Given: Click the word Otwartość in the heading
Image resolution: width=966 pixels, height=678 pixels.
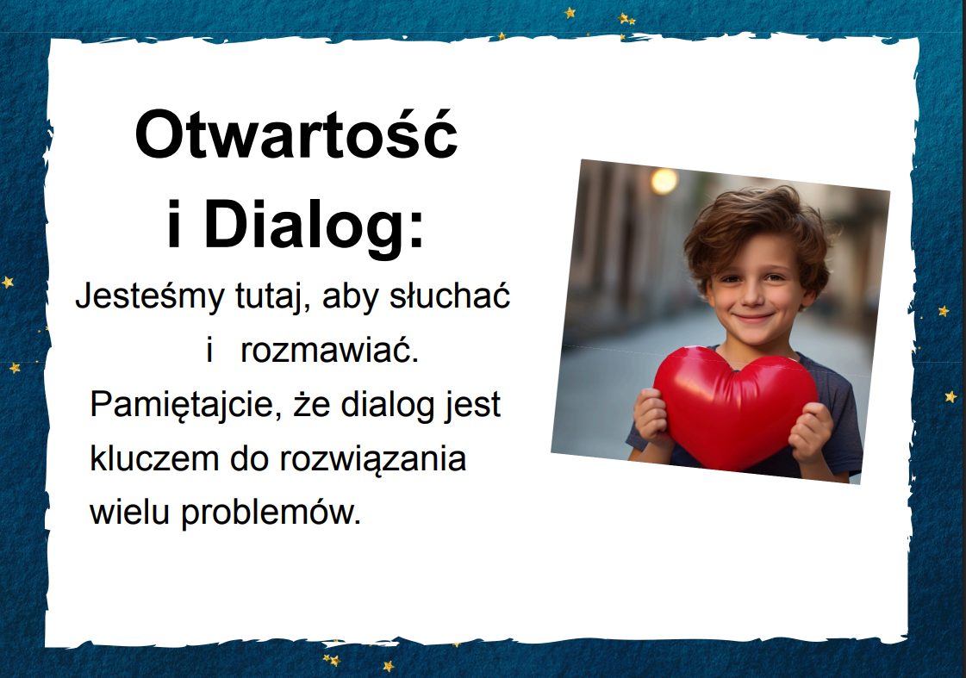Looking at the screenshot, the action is coord(296,134).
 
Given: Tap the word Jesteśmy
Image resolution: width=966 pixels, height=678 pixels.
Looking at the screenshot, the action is coord(150,297).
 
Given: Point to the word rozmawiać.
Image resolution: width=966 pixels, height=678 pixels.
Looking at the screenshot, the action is coord(329,351).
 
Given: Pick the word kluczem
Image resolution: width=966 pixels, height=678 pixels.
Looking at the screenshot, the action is coord(154,459).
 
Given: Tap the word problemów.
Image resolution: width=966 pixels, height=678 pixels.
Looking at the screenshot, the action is coord(271,513).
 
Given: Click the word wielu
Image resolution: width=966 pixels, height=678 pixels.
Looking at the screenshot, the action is coord(129,513).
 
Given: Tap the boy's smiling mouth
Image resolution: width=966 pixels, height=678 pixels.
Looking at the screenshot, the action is coord(753,318).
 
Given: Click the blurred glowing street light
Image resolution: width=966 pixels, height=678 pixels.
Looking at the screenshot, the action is coord(664,181).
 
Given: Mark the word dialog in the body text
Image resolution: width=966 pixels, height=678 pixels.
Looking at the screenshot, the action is coord(388,405).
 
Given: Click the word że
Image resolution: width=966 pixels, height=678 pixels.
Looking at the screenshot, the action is coord(312,404).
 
